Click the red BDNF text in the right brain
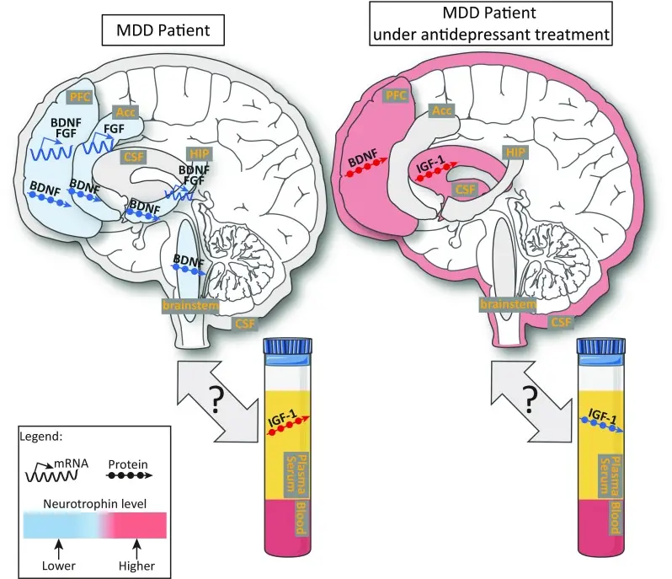click(x=358, y=155)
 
